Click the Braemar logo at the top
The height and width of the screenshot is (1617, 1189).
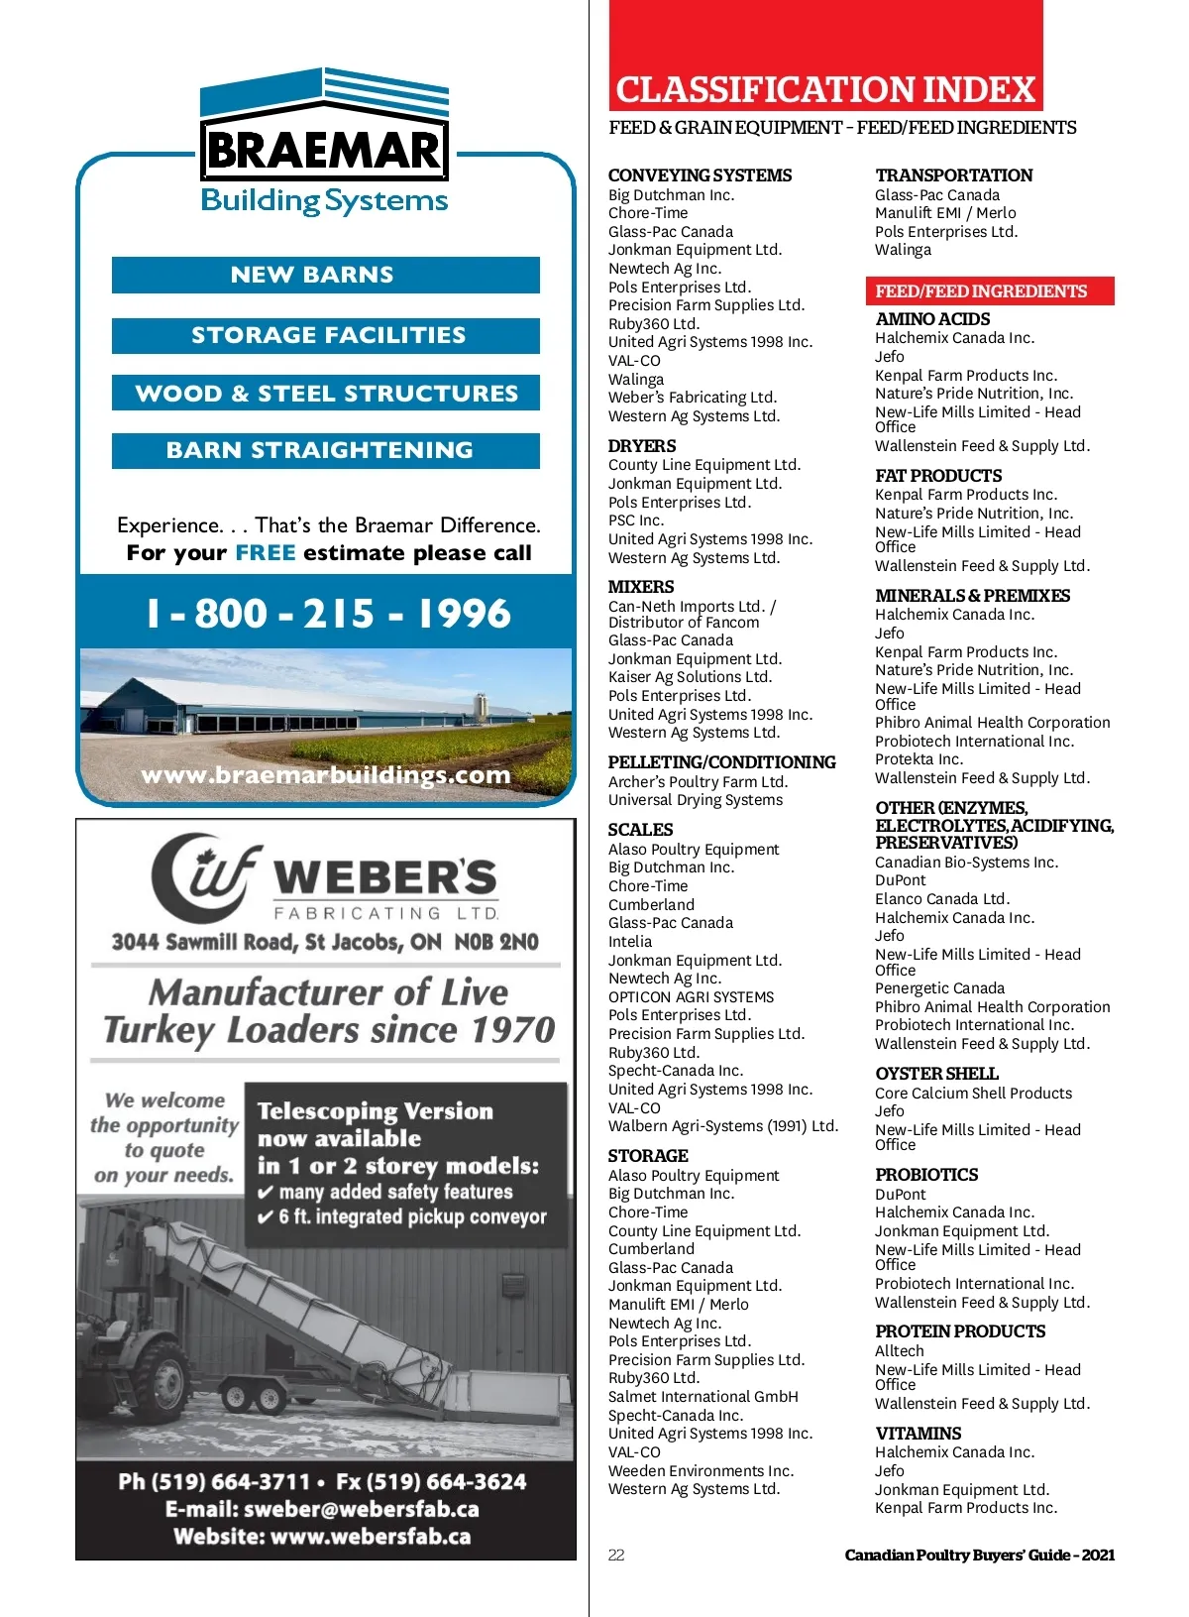324,142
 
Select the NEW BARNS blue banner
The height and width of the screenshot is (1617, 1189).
325,275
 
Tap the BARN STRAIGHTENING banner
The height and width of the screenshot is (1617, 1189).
325,450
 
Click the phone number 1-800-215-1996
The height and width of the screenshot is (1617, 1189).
328,614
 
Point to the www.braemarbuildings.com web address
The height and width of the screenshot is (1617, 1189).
325,775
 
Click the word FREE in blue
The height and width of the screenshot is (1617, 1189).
265,553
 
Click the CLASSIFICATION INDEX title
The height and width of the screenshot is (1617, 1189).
824,90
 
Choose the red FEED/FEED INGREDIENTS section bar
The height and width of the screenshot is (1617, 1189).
988,290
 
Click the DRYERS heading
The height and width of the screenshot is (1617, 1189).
642,446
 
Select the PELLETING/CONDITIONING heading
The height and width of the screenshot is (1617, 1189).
721,762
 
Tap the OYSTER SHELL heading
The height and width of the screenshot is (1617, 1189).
936,1074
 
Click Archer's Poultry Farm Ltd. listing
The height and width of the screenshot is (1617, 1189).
698,781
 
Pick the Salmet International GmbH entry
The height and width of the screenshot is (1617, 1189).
703,1396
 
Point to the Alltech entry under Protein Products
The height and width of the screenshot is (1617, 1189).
899,1350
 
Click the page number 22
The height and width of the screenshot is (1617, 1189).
616,1555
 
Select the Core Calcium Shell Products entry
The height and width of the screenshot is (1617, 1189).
973,1093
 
